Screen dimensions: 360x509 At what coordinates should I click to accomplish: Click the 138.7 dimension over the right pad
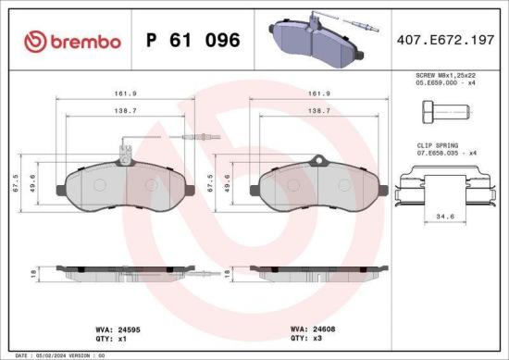(x=317, y=110)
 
